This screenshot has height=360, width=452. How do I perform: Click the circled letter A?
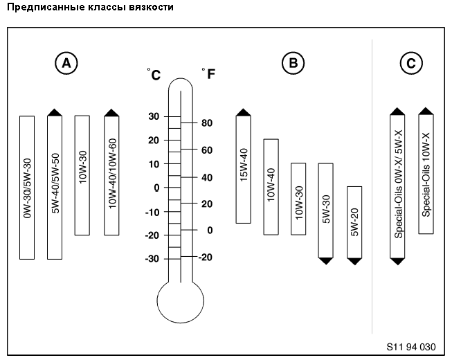pos(66,64)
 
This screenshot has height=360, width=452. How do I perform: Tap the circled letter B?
pos(293,64)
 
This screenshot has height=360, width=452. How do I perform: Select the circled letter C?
pos(411,64)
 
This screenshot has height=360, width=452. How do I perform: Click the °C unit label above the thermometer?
pos(154,74)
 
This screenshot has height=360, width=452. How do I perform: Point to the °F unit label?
pos(208,73)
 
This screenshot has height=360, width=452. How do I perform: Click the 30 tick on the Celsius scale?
pos(154,116)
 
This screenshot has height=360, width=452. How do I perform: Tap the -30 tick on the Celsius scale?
pos(152,259)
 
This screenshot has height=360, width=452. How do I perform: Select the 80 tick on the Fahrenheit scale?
pos(206,123)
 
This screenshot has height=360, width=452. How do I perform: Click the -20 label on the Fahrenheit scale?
pos(206,257)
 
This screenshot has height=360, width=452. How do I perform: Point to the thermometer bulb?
pos(181,303)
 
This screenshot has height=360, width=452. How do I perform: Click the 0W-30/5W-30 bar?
pos(27,187)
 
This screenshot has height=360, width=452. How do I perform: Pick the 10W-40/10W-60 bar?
pos(111,176)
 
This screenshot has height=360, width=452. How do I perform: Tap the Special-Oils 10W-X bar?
pos(426,173)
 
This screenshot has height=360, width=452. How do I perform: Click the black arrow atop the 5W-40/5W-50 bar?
pos(55,111)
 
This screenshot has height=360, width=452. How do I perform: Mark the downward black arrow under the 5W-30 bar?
pos(325,260)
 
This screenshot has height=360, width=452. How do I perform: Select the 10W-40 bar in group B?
pos(271,187)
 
